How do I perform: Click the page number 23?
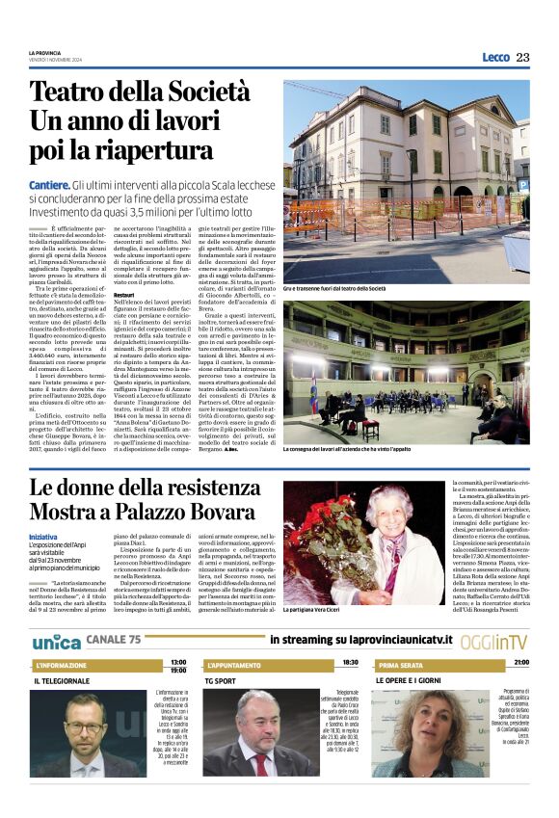[522, 58]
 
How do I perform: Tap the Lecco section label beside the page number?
[495, 58]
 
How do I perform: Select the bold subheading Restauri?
[124, 294]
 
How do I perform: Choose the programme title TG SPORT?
[223, 680]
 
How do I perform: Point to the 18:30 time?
[350, 663]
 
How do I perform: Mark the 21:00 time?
[521, 663]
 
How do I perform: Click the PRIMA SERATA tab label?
[401, 666]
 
